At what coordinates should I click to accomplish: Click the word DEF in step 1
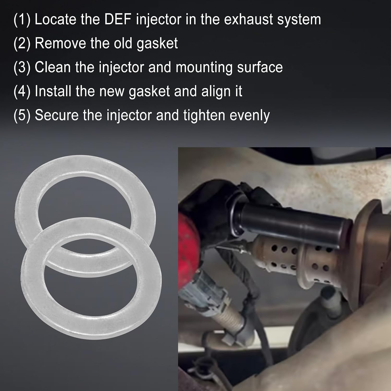click(x=118, y=19)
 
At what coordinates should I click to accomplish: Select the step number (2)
click(x=22, y=44)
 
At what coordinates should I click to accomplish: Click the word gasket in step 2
click(x=157, y=44)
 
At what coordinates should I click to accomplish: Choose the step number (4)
click(x=22, y=91)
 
